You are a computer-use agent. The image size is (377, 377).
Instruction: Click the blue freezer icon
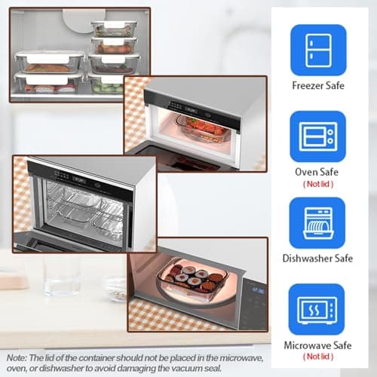coord(318,50)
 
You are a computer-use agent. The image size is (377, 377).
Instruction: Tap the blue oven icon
coord(318,136)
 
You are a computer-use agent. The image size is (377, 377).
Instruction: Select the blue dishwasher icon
coord(318,222)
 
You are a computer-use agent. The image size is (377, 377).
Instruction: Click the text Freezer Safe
coord(317,85)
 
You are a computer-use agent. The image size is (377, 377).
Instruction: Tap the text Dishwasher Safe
coord(317,259)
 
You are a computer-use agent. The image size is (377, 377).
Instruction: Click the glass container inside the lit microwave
coord(203,129)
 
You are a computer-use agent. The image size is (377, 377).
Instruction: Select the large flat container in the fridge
coord(48,60)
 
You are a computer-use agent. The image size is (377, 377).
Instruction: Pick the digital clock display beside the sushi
coord(257,289)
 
